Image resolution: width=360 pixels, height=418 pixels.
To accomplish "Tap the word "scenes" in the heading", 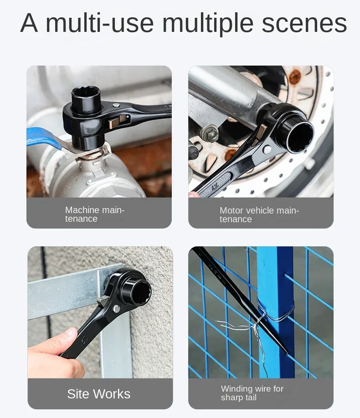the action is [x=304, y=24].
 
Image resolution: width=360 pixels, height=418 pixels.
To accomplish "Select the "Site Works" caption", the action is [x=99, y=394].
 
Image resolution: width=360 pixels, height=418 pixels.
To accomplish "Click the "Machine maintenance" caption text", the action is [x=95, y=214].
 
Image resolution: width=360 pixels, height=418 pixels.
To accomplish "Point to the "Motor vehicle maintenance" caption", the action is [x=259, y=215].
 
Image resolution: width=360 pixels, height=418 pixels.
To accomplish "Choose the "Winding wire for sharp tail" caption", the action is [x=252, y=393].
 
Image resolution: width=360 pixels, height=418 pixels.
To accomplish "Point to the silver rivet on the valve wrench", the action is [x=116, y=106].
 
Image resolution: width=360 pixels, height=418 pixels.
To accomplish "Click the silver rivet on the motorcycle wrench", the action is [x=267, y=150].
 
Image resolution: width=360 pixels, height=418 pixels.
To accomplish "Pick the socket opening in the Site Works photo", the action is [x=140, y=292].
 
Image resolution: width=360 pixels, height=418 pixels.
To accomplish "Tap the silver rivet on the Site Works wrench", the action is [x=117, y=309].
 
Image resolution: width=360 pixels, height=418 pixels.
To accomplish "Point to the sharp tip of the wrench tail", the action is [x=288, y=353].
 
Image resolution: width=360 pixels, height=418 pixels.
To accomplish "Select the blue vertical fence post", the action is [x=275, y=312].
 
